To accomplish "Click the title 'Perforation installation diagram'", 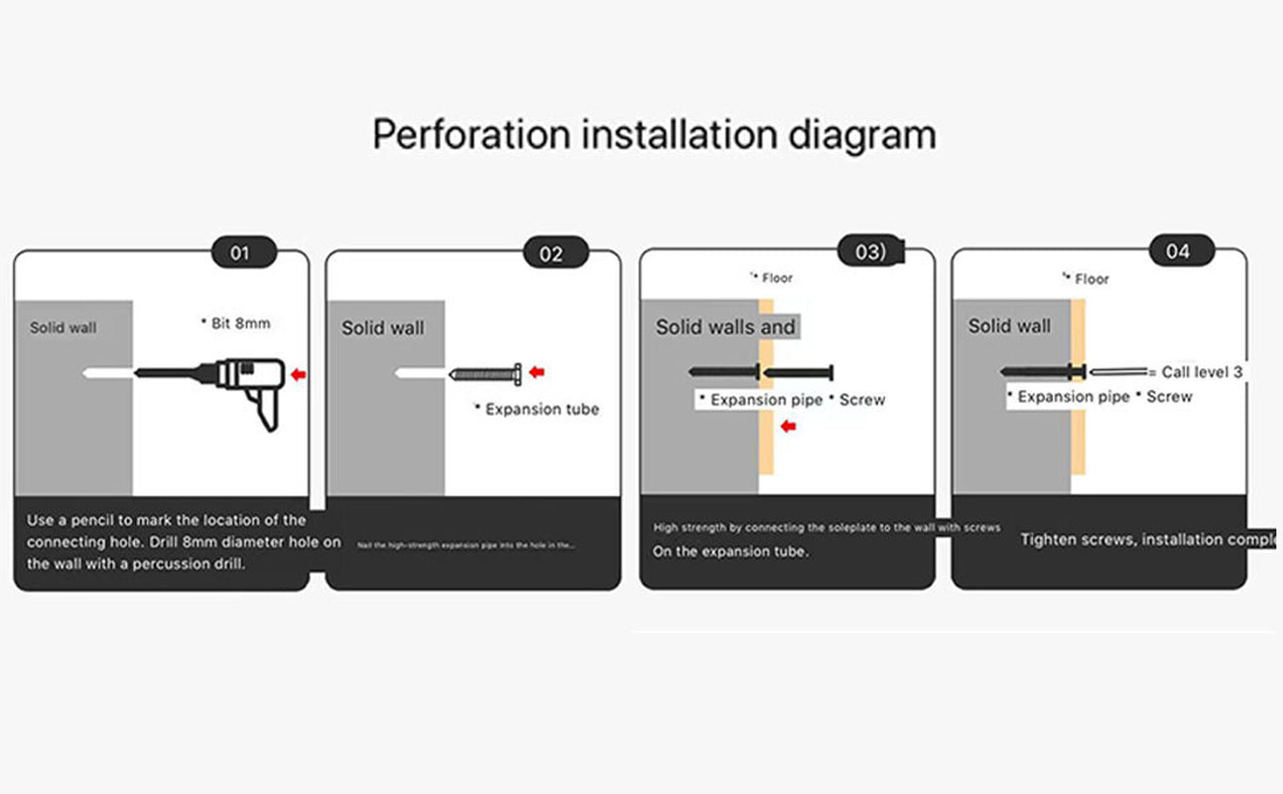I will coord(654,134).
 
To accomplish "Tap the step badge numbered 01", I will coord(240,252).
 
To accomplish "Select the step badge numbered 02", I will coord(552,253).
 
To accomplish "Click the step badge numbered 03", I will coord(870,252).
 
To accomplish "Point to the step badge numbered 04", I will coord(1178,251).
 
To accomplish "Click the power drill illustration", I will coord(248,383).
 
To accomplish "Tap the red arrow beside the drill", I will coord(299,375).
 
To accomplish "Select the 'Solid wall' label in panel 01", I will coord(64,328).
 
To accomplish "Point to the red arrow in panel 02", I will coord(537,372).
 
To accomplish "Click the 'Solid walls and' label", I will coord(725,327).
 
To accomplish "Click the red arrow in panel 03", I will coord(790,427).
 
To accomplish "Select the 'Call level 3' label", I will coord(1202,372).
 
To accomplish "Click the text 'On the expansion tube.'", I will coord(730,551).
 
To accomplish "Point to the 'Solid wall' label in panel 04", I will coord(1009,326).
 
